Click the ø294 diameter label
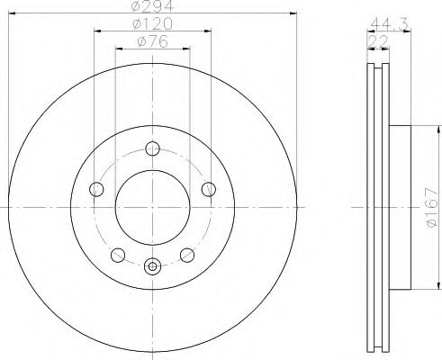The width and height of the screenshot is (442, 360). tap(152, 6)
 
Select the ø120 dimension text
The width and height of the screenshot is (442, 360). tap(153, 23)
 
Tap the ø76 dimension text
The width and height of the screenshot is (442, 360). tap(153, 41)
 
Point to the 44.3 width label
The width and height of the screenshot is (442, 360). tap(389, 24)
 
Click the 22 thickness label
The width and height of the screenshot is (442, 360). tap(378, 41)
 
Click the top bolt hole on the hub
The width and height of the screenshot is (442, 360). tap(152, 148)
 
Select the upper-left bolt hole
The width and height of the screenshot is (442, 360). tap(96, 189)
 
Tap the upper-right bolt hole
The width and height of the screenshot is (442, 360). tap(209, 189)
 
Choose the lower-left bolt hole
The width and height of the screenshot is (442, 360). tap(118, 255)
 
